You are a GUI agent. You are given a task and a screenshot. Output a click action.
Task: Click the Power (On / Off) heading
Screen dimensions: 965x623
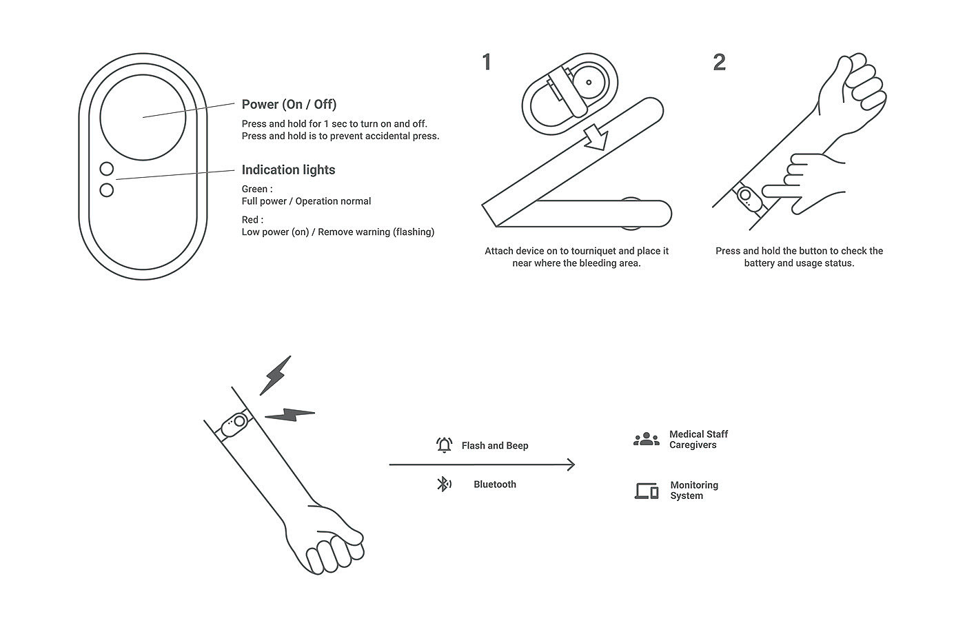tap(289, 104)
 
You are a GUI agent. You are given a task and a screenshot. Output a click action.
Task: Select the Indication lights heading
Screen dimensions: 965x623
tap(288, 170)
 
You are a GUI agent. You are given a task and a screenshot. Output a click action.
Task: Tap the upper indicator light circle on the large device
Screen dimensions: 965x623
tap(106, 169)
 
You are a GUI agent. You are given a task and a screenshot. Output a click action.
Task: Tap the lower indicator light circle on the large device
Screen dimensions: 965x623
tap(106, 190)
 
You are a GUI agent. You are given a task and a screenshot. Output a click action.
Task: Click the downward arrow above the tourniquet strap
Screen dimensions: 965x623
tap(596, 137)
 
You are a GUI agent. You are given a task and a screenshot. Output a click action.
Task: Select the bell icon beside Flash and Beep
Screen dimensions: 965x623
tap(444, 445)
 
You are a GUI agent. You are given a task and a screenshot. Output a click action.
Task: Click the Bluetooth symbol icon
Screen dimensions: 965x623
tap(444, 484)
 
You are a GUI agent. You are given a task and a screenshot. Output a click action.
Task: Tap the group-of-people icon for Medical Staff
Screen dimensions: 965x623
tap(647, 439)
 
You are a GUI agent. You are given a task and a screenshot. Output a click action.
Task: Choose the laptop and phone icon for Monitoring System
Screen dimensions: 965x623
tap(647, 491)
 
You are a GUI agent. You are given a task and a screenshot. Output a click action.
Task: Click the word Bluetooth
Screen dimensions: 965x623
tap(495, 484)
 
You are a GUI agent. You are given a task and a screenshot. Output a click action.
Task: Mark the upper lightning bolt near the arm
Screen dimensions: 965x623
tap(275, 376)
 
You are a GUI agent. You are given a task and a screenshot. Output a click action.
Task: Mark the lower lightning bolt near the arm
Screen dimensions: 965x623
tap(290, 414)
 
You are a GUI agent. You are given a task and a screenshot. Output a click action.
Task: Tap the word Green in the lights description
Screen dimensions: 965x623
tap(254, 189)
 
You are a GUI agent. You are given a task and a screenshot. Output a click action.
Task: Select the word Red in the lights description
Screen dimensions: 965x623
tap(250, 220)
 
